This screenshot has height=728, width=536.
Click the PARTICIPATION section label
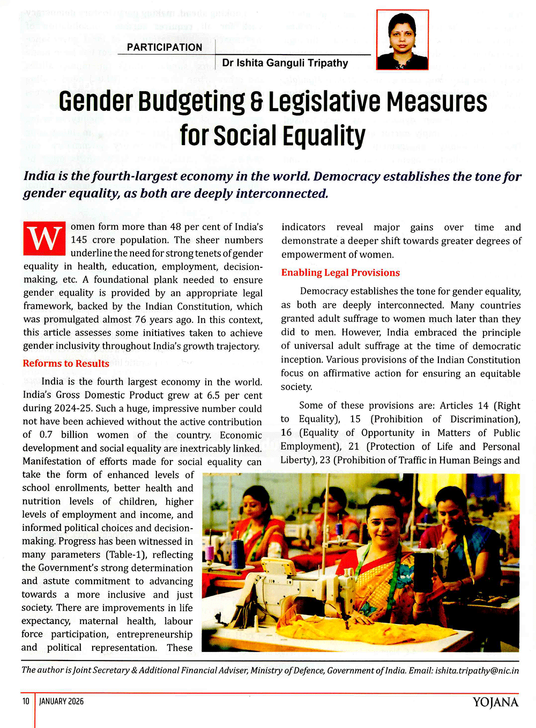pyautogui.click(x=164, y=47)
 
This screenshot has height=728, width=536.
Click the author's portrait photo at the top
pyautogui.click(x=402, y=40)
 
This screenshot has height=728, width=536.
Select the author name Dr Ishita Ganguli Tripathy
pyautogui.click(x=285, y=63)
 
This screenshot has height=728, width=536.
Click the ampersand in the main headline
pyautogui.click(x=257, y=102)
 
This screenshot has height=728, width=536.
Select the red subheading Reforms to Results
pyautogui.click(x=66, y=363)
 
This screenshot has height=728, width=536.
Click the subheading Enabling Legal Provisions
pyautogui.click(x=340, y=273)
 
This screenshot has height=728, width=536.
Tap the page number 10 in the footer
pyautogui.click(x=26, y=701)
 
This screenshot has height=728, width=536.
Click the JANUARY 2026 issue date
pyautogui.click(x=62, y=701)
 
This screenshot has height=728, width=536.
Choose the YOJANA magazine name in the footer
pyautogui.click(x=495, y=702)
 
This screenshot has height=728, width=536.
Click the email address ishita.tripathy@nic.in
pyautogui.click(x=477, y=670)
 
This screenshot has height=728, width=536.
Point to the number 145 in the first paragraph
pyautogui.click(x=79, y=240)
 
